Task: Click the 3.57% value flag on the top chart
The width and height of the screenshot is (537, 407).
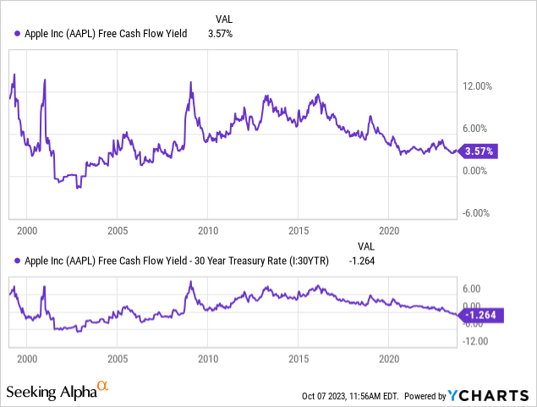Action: [x=479, y=151]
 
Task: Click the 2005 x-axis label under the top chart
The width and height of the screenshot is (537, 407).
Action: [x=118, y=229]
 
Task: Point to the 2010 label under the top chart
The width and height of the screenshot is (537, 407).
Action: [x=209, y=229]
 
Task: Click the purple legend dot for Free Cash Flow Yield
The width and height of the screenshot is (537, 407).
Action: [x=17, y=35]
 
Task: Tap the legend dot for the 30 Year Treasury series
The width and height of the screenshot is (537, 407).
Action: [x=17, y=261]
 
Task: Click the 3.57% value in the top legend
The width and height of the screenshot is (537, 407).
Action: [x=221, y=35]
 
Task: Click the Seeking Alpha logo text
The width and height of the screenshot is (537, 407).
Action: [x=50, y=393]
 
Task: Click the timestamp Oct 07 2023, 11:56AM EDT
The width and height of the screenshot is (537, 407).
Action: [x=349, y=396]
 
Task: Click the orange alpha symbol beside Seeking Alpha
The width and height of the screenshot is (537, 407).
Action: [x=103, y=388]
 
